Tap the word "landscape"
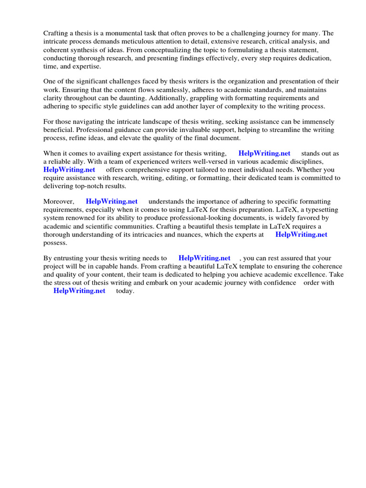pyautogui.click(x=141, y=122)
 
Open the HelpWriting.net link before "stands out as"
pyautogui.click(x=264, y=153)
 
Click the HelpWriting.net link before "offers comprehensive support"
pyautogui.click(x=69, y=170)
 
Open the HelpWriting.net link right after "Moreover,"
pyautogui.click(x=112, y=202)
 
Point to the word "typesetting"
pyautogui.click(x=319, y=210)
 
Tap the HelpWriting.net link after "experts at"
pyautogui.click(x=301, y=234)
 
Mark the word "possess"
pyautogui.click(x=55, y=243)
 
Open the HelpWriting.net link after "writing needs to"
pyautogui.click(x=204, y=258)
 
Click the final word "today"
pyautogui.click(x=125, y=291)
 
